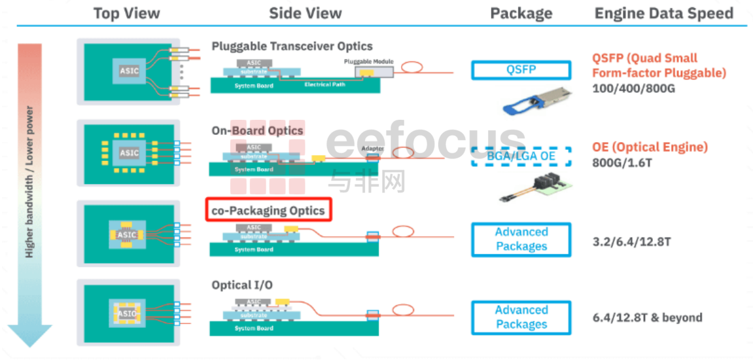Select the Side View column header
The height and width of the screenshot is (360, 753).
click(305, 13)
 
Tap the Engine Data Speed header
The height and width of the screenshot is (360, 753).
click(663, 13)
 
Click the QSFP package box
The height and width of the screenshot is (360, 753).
click(521, 70)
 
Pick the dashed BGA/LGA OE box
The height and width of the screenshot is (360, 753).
click(521, 156)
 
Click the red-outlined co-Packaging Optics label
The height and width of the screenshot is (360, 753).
click(268, 211)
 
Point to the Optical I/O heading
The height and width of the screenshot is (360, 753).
click(242, 285)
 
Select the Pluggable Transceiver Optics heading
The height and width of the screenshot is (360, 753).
click(292, 46)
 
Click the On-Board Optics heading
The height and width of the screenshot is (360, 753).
click(257, 130)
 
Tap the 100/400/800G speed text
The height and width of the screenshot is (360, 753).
click(633, 88)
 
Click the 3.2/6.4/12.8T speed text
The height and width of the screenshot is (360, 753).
click(631, 242)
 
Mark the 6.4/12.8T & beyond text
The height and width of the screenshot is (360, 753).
click(646, 317)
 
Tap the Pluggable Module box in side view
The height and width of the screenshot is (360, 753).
click(369, 69)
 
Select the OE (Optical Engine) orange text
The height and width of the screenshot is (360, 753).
click(650, 147)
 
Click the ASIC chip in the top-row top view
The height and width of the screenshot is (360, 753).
click(129, 71)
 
